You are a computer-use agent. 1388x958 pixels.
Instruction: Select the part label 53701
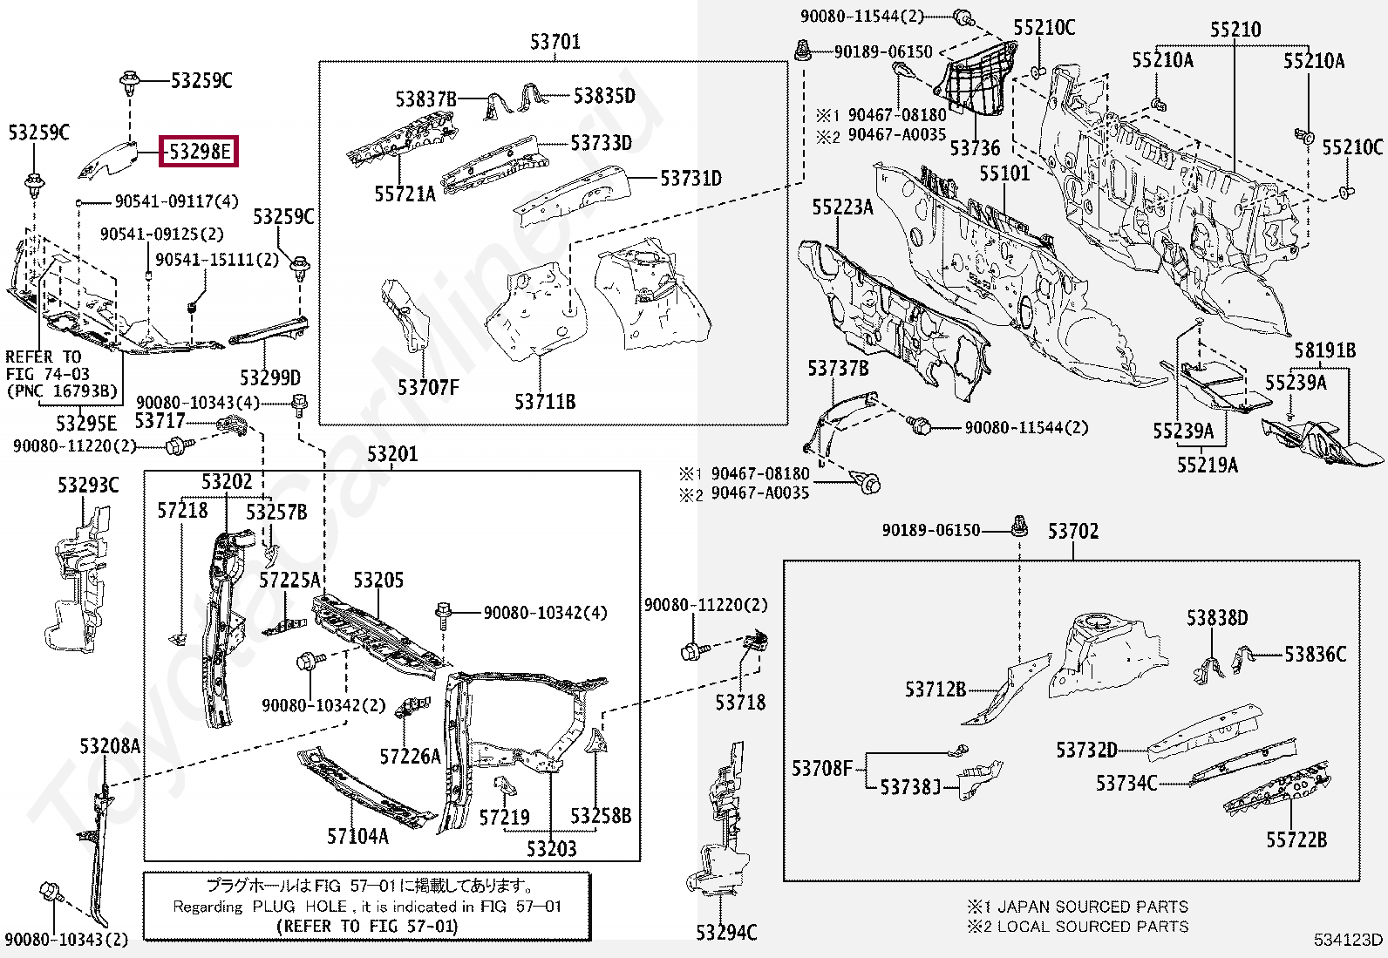555,42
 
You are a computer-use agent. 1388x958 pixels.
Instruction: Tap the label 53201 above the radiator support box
391,454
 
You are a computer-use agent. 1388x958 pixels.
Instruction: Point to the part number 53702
1072,531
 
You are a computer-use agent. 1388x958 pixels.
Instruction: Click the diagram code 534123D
1349,940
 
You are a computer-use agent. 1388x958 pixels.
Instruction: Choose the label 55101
1004,173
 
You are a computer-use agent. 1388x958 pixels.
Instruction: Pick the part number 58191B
1324,351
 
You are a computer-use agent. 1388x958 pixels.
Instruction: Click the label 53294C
726,933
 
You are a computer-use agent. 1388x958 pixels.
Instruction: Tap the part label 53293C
88,485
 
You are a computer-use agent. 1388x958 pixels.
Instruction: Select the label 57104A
357,836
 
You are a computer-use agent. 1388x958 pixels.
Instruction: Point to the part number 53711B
545,402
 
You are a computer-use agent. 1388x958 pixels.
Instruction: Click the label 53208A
110,746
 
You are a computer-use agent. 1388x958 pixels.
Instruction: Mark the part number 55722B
1296,839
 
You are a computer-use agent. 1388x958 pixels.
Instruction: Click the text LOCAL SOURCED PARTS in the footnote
1092,926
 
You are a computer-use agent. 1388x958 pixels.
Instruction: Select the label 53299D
270,377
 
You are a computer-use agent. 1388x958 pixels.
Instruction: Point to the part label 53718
740,702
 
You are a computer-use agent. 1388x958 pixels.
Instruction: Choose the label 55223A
842,207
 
